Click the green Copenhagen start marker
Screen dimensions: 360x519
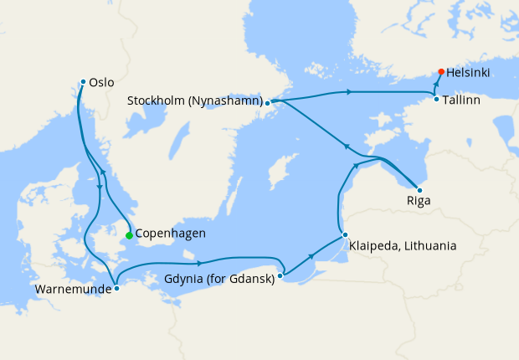pos(129,235)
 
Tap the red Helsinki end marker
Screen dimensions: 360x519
pos(440,72)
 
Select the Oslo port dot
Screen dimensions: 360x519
pos(83,81)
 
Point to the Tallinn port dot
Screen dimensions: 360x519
pos(436,100)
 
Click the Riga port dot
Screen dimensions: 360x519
pos(419,190)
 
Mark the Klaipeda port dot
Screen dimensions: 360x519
pos(344,234)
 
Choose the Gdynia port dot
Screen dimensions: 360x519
pos(280,275)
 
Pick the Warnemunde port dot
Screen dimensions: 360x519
pos(116,288)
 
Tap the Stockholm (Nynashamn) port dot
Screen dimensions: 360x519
pos(267,103)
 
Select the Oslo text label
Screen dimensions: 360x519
pos(100,82)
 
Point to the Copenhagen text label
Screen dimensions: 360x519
pos(170,234)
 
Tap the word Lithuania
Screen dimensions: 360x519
pos(428,245)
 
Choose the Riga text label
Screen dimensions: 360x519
pos(419,202)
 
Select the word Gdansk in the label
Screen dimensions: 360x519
pos(249,279)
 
